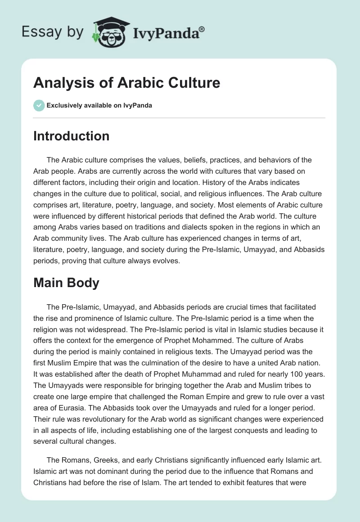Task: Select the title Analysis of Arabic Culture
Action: [x=126, y=83]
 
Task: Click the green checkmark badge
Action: [x=39, y=105]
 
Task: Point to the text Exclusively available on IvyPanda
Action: [x=99, y=106]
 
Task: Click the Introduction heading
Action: [x=71, y=136]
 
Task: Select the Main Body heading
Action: [x=66, y=283]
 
